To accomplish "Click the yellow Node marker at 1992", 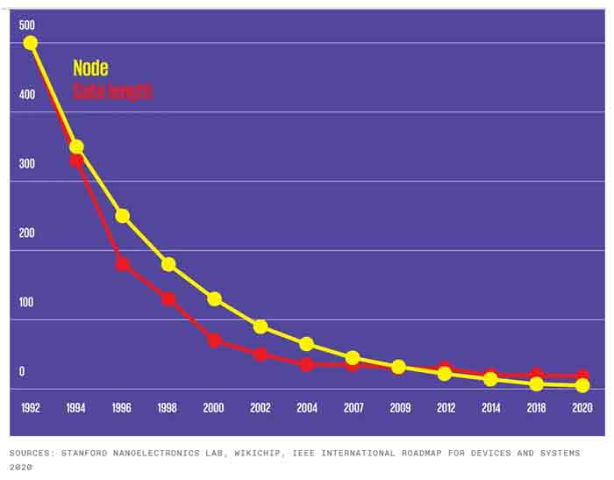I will point(31,43).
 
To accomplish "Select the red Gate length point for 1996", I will point(123,264).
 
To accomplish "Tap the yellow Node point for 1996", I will point(123,216).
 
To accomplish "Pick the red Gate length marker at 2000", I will point(214,340).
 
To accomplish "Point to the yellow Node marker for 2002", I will point(261,326).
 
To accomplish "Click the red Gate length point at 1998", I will point(168,299).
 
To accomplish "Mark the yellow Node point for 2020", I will point(582,385).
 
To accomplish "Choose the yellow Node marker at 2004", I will point(306,344).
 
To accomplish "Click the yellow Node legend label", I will point(90,68).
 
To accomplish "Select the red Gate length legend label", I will point(112,91).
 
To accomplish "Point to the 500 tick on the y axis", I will point(27,25).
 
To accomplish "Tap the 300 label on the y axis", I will point(27,163).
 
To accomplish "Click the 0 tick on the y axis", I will point(22,371).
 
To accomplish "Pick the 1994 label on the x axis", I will point(76,408).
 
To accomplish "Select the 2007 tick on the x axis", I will point(352,408).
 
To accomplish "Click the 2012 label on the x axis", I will point(445,408).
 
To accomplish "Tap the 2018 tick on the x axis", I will point(536,408).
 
